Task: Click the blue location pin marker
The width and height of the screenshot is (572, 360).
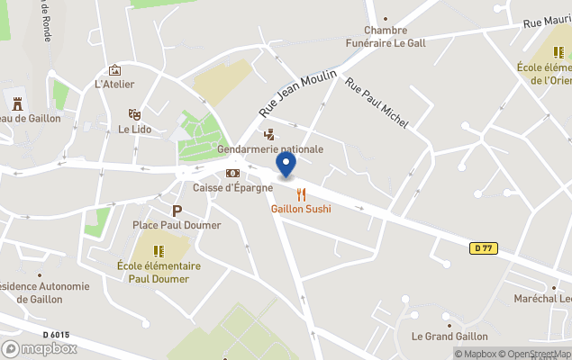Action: (286, 165)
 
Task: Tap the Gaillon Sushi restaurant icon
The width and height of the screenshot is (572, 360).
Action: (301, 193)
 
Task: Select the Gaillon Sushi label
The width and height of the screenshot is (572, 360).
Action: (301, 209)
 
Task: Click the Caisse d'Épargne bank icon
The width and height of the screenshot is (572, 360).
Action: (232, 173)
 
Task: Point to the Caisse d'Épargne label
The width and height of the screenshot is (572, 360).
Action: (232, 188)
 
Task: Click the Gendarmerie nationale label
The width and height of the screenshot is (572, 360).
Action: (269, 149)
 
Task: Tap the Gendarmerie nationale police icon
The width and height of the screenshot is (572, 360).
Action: (268, 134)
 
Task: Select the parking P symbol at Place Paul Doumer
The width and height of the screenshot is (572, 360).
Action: (177, 211)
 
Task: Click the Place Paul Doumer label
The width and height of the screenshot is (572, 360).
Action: (177, 225)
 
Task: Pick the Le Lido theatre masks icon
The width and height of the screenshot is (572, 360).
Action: (134, 114)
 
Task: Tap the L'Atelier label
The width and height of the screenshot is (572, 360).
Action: (114, 85)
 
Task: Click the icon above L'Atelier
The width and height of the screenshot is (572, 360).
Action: (114, 70)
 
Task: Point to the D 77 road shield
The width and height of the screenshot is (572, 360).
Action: (484, 247)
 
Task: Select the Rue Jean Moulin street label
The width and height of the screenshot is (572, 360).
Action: (297, 93)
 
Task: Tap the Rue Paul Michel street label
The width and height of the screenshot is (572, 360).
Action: (377, 102)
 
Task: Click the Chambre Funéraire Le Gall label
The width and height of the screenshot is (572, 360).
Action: (385, 36)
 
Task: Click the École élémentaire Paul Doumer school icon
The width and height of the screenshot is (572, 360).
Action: (159, 251)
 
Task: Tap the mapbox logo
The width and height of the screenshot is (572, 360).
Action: (40, 348)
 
